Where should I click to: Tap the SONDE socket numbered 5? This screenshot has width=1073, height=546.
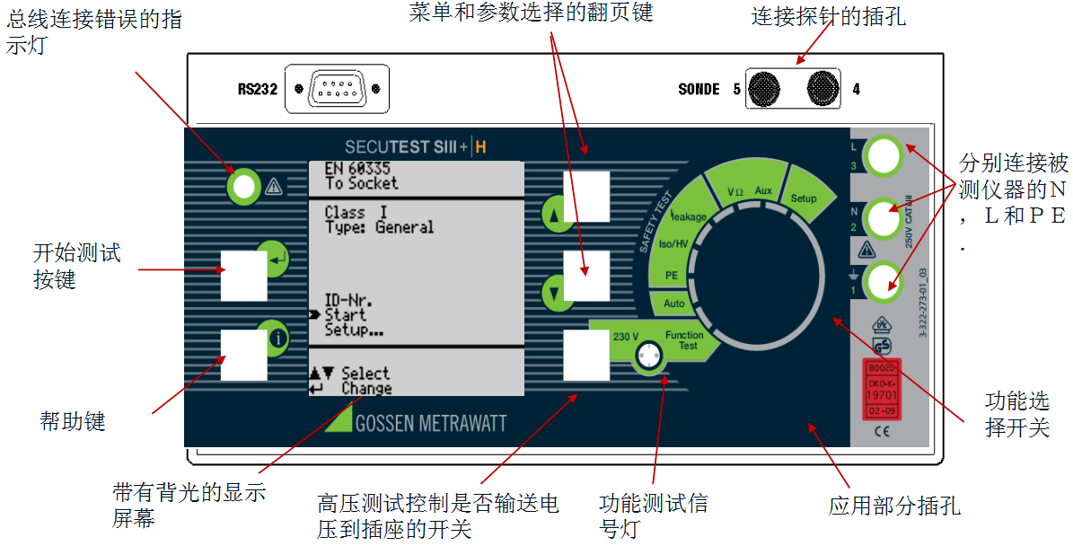click(x=764, y=88)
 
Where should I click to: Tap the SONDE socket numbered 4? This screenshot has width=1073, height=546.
click(x=822, y=88)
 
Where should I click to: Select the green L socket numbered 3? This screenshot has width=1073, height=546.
click(x=884, y=155)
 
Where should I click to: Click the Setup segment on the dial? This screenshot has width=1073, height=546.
click(x=804, y=197)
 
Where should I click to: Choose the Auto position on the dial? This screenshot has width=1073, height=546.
click(x=673, y=304)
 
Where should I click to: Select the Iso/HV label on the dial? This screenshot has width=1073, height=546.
click(x=674, y=243)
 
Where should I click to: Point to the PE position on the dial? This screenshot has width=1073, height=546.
click(x=671, y=275)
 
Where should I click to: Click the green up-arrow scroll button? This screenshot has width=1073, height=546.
click(x=553, y=216)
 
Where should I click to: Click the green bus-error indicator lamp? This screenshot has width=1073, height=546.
click(x=242, y=186)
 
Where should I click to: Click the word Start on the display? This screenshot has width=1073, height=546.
click(x=345, y=315)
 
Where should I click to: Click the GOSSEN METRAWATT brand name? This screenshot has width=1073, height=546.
click(x=431, y=423)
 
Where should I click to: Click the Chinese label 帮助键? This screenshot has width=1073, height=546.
click(x=74, y=421)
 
